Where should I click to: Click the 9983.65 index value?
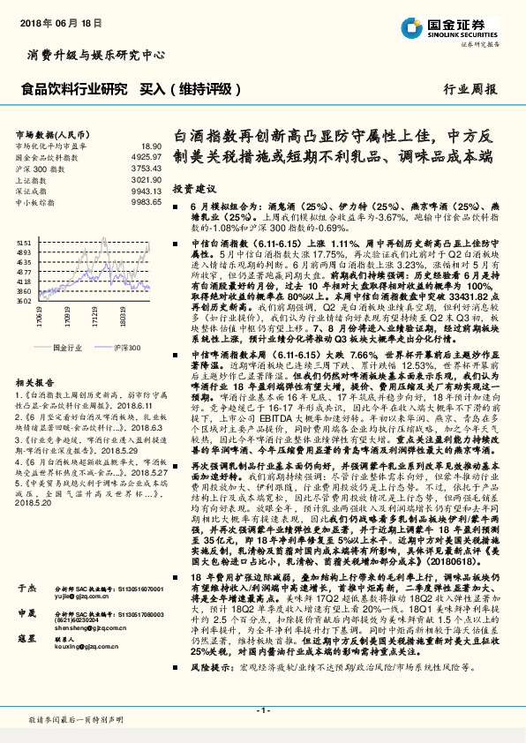point(147,202)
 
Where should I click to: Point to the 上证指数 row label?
point(33,179)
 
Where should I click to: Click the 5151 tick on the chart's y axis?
point(24,241)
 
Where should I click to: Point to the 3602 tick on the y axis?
point(24,300)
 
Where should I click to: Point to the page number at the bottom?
point(262,710)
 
